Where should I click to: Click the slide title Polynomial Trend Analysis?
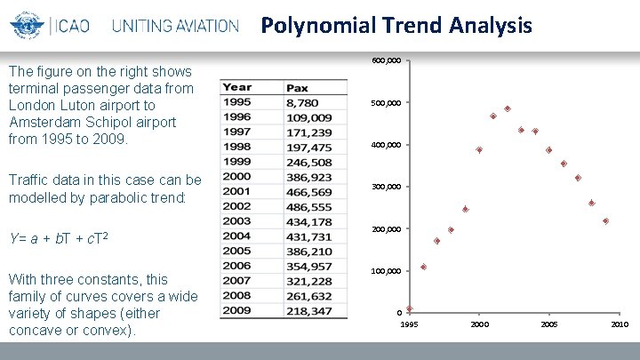coord(396,25)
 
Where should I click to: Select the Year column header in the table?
coord(237,87)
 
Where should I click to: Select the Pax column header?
coord(298,88)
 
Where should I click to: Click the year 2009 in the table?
coord(237,310)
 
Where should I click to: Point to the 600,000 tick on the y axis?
coord(387,60)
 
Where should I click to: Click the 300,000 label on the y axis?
coord(387,187)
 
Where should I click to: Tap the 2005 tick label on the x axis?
coord(548,324)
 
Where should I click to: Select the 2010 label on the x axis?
coord(620,324)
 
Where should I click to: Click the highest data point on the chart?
coord(508,108)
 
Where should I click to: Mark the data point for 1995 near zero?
coord(409,308)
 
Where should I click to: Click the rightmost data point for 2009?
coord(605,220)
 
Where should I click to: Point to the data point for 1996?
coord(423,267)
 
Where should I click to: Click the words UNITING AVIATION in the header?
coord(176,26)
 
